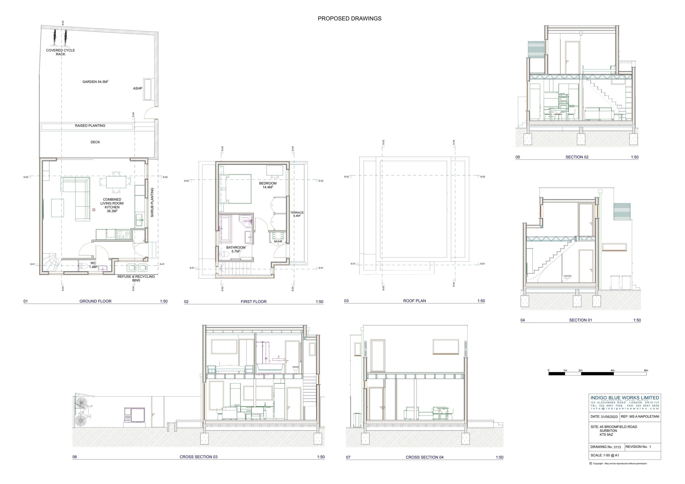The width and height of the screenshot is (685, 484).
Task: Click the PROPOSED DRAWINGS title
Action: (349, 19)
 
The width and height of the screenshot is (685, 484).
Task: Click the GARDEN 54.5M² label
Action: (95, 82)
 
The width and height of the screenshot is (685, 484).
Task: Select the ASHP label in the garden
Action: (137, 88)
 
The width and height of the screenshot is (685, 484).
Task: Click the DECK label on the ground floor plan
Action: (95, 142)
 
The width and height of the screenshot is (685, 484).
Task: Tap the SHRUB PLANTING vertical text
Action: (152, 202)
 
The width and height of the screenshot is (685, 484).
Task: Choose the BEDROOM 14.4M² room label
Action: (268, 185)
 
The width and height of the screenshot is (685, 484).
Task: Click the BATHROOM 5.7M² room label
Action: (236, 249)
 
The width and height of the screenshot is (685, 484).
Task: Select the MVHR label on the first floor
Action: (278, 242)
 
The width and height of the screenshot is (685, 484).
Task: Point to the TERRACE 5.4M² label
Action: (297, 214)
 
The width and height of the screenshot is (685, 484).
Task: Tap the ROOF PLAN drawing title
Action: (414, 301)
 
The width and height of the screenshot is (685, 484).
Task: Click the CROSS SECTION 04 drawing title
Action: (424, 457)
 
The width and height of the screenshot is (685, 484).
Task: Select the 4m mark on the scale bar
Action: (612, 370)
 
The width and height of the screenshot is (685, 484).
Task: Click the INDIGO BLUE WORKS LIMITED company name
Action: (625, 398)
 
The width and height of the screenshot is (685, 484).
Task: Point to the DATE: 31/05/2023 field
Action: (604, 417)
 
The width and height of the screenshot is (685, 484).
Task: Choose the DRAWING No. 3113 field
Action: (605, 447)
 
